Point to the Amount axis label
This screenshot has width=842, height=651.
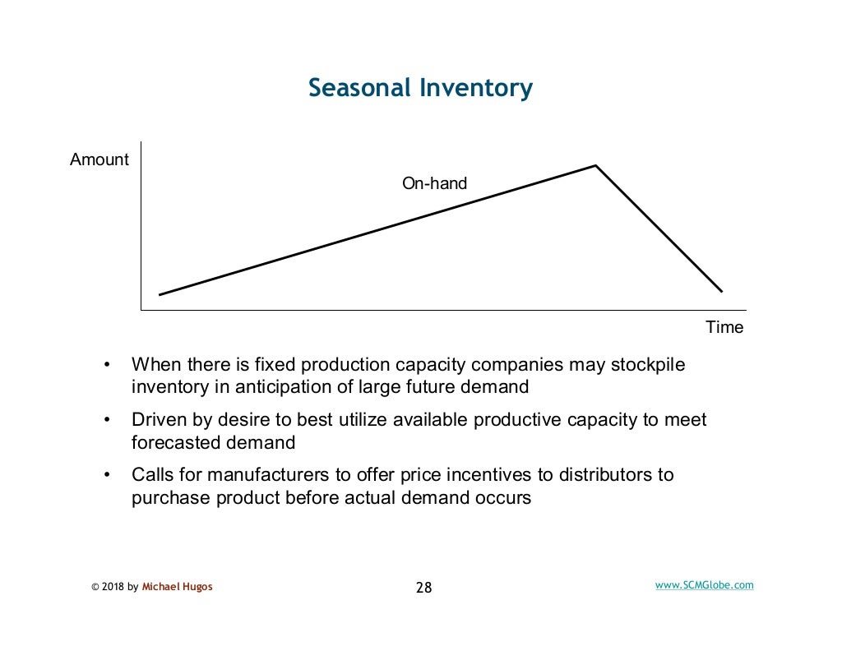click(99, 159)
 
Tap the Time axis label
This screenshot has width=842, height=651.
click(724, 327)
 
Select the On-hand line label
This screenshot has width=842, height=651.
click(434, 183)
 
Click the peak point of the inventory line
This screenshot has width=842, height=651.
click(595, 166)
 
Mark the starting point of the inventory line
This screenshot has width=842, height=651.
click(160, 294)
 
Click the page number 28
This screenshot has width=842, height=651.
click(423, 588)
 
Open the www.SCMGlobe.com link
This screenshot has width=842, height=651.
click(704, 585)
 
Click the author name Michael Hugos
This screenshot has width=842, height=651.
click(177, 587)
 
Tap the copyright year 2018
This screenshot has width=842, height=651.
click(113, 587)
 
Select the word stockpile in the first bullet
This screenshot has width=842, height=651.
click(647, 364)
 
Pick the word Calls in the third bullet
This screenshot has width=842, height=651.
click(154, 475)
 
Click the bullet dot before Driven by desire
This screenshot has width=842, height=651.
click(106, 420)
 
